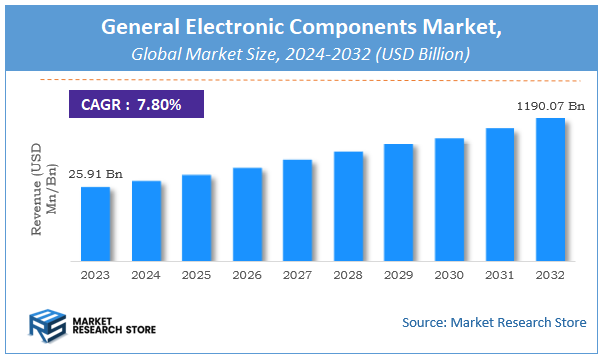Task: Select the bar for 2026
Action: (x=247, y=213)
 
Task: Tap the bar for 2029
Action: (x=399, y=201)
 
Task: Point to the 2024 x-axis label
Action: (x=146, y=274)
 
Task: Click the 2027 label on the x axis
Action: (x=297, y=274)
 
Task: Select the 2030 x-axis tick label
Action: (x=449, y=274)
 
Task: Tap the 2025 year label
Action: (x=196, y=274)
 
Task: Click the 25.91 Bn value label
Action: (x=88, y=175)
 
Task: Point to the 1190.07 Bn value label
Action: (x=550, y=104)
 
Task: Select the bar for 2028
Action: (x=348, y=205)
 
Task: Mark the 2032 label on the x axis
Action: (x=550, y=274)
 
